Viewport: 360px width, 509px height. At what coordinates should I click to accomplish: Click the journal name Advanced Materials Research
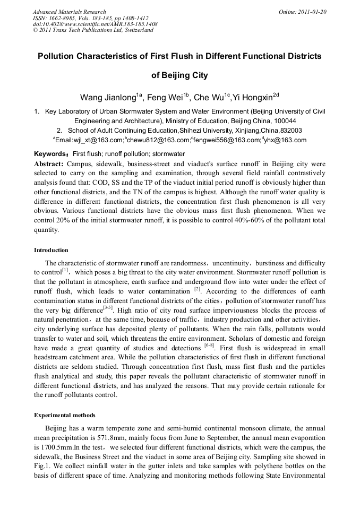pos(70,12)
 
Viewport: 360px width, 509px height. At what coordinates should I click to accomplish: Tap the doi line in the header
pos(95,24)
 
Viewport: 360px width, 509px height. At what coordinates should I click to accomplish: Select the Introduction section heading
pos(51,250)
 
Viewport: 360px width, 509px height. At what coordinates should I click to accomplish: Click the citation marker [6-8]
pos(209,345)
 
